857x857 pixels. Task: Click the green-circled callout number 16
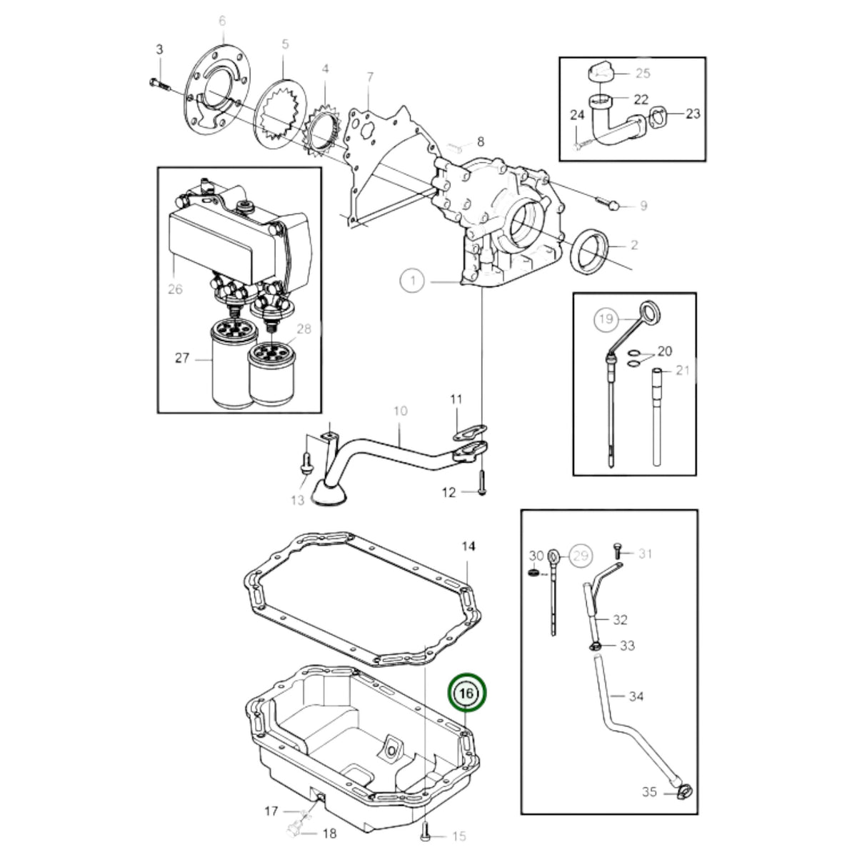467,706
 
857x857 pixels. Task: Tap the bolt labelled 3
161,84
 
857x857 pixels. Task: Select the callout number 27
182,358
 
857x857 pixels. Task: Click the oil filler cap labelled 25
601,73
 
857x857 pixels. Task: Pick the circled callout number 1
412,281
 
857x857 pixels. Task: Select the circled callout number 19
606,319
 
